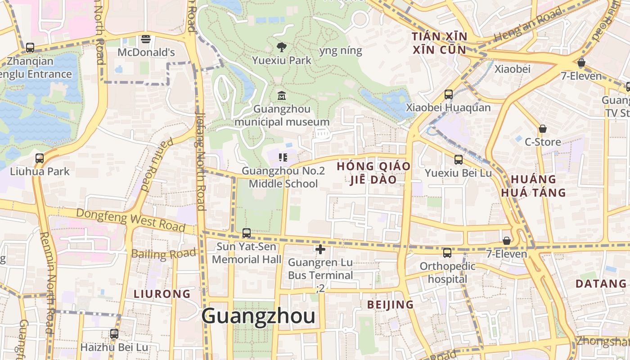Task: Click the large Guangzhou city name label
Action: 258,316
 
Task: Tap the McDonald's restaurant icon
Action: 145,39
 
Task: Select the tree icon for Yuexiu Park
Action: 282,47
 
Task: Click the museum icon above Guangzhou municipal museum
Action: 282,95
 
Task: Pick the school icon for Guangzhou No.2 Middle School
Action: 283,157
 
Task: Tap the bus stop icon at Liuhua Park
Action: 40,158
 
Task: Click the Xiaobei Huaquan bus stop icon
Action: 448,94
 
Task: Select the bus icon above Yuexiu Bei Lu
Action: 458,160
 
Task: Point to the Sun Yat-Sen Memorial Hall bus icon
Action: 246,233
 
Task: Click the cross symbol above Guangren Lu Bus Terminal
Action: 320,249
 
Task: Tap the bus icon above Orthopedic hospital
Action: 447,253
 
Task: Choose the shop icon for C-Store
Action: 543,129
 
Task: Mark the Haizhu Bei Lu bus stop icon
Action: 114,334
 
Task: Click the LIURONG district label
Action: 162,294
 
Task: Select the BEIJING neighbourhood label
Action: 390,305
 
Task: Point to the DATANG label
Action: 601,284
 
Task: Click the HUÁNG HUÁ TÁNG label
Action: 533,186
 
